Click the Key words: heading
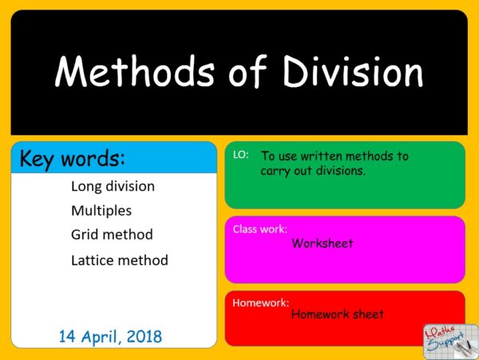(x=73, y=158)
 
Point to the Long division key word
(x=113, y=187)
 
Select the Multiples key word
(x=101, y=211)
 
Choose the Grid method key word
(x=112, y=235)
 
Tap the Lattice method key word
(x=120, y=260)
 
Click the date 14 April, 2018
(x=110, y=334)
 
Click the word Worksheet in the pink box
(x=323, y=243)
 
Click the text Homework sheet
(x=337, y=315)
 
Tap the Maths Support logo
(x=449, y=338)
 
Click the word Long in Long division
(x=85, y=187)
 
